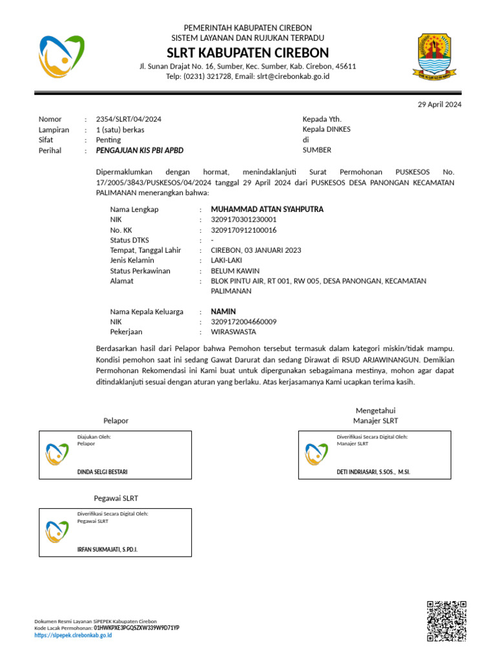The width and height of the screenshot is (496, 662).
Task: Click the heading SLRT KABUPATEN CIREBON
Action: point(248,52)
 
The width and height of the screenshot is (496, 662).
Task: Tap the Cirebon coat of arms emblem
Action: point(440,56)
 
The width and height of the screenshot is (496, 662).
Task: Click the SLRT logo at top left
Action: point(61,57)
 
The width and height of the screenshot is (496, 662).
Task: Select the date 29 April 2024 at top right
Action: point(439,104)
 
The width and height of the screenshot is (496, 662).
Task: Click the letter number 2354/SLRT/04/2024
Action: point(129,119)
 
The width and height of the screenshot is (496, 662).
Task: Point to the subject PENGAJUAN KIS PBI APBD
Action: point(139,150)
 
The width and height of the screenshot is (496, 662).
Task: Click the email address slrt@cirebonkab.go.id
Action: point(293,76)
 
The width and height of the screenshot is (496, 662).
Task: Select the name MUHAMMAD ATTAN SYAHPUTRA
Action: point(267,209)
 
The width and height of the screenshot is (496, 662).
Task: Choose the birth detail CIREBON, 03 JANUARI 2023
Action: point(256,250)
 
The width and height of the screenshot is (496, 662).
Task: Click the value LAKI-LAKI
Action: point(227,261)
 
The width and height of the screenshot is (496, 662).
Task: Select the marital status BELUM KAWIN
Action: point(235,271)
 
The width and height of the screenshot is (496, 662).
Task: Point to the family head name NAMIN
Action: point(223,312)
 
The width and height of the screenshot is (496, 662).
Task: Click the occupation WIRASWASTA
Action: point(233,332)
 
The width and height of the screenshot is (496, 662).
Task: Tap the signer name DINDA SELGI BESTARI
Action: point(102,472)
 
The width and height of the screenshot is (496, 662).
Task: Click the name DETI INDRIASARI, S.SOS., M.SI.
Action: point(373,472)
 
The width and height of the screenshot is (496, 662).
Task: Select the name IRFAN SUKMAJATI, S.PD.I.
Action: point(107,550)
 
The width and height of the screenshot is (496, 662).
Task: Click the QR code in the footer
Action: point(446,621)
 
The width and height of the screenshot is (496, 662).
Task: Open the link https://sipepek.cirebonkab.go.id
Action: point(73,635)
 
